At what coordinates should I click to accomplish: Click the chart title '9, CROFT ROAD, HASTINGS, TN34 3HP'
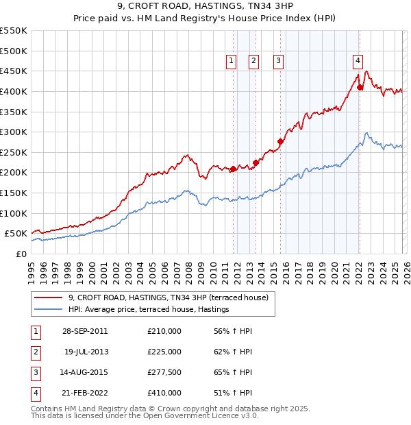tap(205, 8)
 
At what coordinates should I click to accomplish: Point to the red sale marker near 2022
tap(360, 87)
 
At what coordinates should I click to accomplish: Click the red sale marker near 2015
tap(280, 141)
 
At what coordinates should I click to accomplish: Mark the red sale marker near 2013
tap(256, 162)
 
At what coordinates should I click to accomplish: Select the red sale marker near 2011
tap(233, 169)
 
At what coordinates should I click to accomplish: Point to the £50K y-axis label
tap(16, 234)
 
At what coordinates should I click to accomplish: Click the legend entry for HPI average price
tap(148, 310)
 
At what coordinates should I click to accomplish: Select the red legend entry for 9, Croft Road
tap(171, 297)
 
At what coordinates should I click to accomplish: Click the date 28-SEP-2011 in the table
tap(85, 331)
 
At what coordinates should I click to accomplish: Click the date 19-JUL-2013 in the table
tap(85, 352)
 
